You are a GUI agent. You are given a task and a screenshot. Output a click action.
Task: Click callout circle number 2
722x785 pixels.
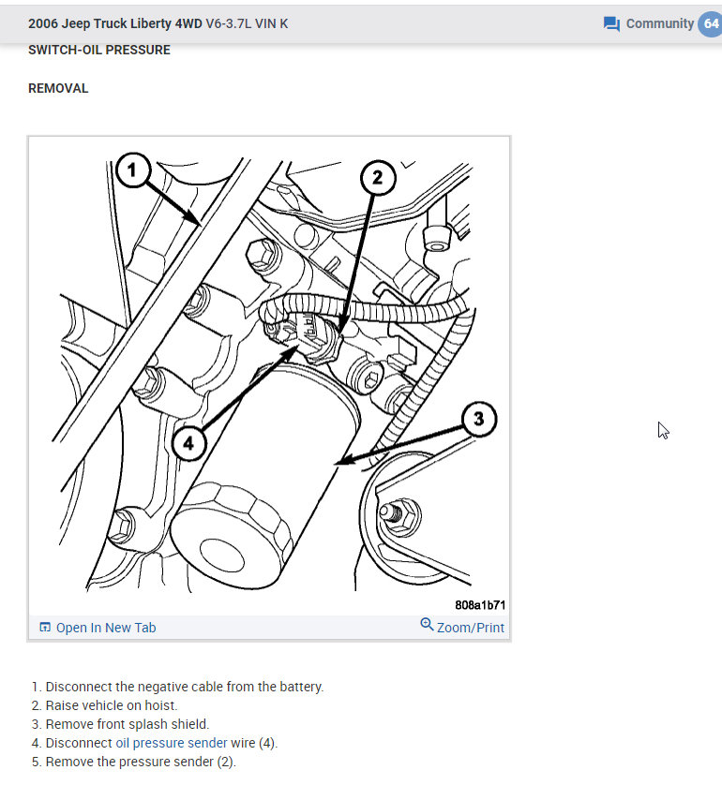pos(376,178)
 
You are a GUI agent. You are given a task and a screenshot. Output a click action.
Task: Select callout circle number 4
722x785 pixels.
pos(188,443)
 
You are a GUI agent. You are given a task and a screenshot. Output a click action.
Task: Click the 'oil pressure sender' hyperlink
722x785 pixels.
pos(172,743)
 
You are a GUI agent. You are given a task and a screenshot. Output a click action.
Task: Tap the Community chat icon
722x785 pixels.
pos(612,23)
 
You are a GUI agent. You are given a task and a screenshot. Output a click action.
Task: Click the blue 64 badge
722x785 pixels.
pos(710,23)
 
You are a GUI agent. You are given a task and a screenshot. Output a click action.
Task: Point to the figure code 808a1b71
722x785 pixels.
pos(480,605)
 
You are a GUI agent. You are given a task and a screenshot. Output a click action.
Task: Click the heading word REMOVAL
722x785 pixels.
pos(58,88)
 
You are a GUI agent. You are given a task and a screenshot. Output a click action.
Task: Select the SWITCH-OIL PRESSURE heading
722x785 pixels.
pos(99,50)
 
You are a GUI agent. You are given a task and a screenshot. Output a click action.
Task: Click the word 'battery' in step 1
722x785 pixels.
pos(300,687)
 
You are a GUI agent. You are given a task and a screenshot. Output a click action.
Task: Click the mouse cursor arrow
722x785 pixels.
pos(663,430)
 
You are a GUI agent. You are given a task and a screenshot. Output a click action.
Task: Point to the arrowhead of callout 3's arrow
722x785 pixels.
pos(339,461)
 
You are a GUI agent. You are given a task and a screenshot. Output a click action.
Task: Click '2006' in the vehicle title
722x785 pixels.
pos(44,23)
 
